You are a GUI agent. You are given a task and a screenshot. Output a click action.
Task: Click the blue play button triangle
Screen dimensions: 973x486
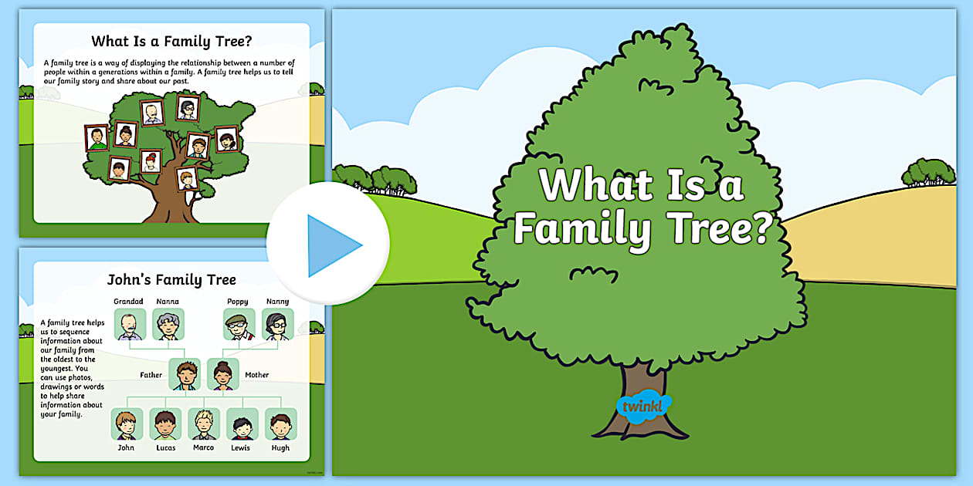[x=331, y=245]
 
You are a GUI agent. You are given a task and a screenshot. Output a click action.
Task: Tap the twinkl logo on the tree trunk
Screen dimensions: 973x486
[x=643, y=406]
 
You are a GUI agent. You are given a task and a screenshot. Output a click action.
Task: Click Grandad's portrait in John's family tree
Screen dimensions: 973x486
[x=130, y=324]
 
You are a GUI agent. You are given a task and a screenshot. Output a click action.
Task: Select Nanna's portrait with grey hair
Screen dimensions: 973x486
[x=168, y=324]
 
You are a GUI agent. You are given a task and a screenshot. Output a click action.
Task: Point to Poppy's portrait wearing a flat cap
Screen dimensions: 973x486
[x=239, y=324]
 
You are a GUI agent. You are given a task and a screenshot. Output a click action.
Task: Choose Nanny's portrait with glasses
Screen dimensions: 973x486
[x=277, y=324]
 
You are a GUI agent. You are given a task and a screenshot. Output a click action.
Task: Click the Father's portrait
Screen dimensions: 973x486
[x=185, y=374]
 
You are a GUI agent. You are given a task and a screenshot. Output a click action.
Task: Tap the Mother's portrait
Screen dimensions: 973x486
[x=223, y=374]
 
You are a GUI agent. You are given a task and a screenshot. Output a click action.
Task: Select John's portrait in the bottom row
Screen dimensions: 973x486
[x=127, y=424]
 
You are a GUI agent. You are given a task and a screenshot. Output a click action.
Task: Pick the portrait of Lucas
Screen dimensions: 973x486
[x=165, y=424]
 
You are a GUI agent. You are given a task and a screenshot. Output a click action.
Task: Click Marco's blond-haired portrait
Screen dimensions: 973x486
[x=204, y=424]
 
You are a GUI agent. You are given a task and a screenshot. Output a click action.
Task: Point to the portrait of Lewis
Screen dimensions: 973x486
[x=242, y=424]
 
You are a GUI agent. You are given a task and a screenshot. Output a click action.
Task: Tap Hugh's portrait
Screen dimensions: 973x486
[x=280, y=424]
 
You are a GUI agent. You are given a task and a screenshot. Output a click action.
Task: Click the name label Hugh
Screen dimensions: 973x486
[x=280, y=447]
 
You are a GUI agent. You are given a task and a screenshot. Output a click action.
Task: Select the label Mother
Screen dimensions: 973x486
[x=256, y=374]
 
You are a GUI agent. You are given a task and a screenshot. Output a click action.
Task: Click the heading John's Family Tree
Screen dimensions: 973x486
[x=171, y=280]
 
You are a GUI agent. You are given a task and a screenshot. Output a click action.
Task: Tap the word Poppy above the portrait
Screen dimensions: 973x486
[x=238, y=302]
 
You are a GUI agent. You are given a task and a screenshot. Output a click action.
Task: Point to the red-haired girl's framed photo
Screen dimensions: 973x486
[x=151, y=161]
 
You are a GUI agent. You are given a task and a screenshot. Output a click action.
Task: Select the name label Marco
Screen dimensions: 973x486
[x=203, y=447]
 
